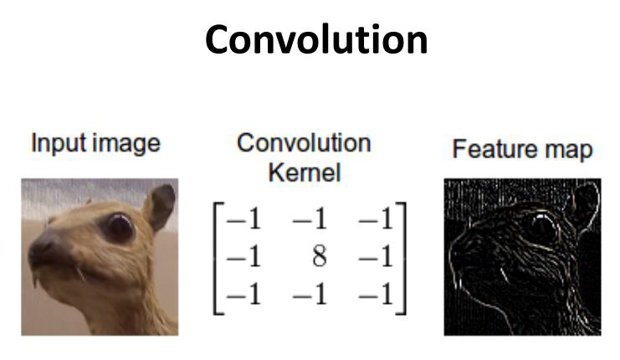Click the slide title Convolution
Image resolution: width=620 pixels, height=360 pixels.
click(x=316, y=39)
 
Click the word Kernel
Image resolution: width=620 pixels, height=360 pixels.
click(x=305, y=172)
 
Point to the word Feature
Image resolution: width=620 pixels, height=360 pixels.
click(x=495, y=149)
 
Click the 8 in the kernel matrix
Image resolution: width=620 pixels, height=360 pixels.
click(x=320, y=256)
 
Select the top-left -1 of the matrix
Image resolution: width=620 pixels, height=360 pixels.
click(x=243, y=219)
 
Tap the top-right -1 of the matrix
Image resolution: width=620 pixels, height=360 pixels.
click(x=376, y=219)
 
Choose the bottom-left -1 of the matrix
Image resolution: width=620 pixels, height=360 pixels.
click(x=243, y=294)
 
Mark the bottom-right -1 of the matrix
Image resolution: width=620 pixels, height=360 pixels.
click(x=376, y=294)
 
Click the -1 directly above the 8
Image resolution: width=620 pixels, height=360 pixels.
click(x=310, y=219)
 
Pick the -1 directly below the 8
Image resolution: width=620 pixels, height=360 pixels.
click(x=310, y=294)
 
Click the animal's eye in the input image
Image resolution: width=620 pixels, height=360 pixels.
click(x=120, y=227)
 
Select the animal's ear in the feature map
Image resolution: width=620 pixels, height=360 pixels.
click(x=584, y=207)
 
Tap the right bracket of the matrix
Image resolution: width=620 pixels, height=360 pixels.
click(x=402, y=259)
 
